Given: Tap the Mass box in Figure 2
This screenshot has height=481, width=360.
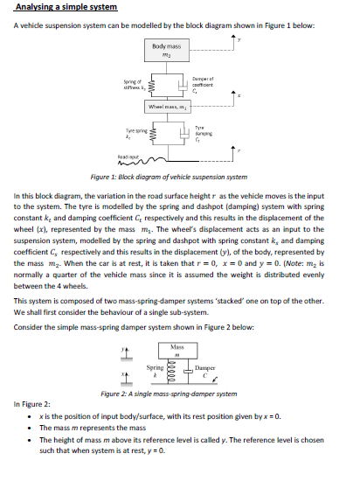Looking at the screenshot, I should pyautogui.click(x=177, y=341).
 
